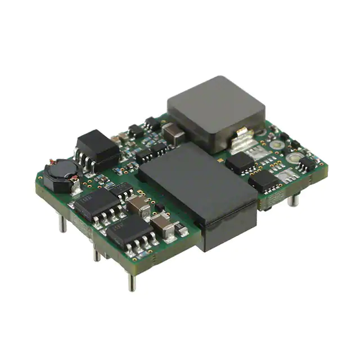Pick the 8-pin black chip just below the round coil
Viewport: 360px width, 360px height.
point(96,203)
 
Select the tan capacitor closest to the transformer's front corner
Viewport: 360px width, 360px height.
point(164,225)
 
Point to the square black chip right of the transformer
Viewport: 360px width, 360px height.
point(241,163)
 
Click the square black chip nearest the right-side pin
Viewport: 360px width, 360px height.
point(264,181)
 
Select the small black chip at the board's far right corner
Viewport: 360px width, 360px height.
point(307,164)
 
